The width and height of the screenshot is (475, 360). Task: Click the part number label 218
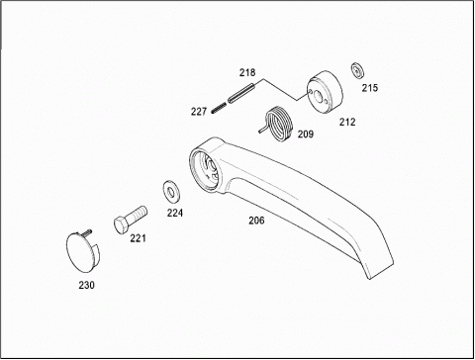click(247, 72)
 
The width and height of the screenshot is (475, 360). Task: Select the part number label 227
click(199, 112)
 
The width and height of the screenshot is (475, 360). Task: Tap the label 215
click(370, 88)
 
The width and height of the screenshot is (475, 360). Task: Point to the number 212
click(347, 122)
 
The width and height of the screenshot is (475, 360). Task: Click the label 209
click(306, 135)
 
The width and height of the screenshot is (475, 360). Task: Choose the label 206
click(256, 221)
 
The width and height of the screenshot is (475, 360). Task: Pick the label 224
click(175, 213)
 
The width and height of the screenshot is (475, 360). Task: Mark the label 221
click(138, 238)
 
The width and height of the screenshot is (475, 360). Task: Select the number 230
click(86, 285)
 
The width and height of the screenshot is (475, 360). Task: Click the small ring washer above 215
click(357, 70)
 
